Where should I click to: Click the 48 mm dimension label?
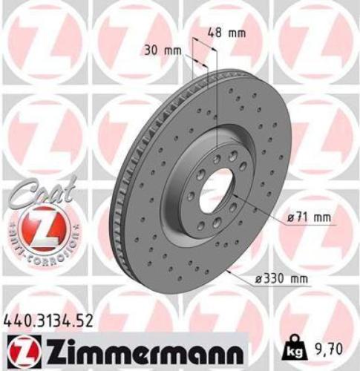227,33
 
